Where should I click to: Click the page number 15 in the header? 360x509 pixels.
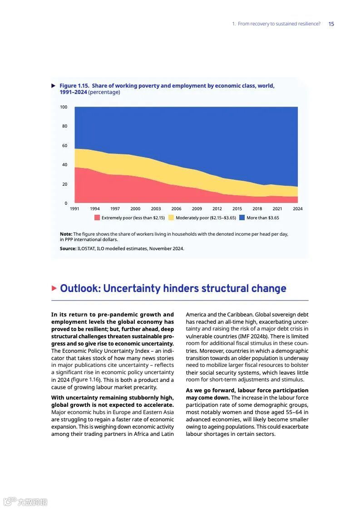(331, 24)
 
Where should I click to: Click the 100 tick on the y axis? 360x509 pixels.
(64, 107)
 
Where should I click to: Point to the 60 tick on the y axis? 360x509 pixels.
(64, 146)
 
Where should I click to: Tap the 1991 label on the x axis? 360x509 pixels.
(74, 209)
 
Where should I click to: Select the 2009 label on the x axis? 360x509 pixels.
(197, 209)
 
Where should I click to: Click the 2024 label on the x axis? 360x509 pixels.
(298, 209)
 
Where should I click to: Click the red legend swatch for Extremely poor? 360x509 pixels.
(97, 218)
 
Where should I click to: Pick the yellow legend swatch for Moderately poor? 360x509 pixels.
(171, 218)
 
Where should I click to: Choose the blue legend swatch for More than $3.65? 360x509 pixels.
(242, 218)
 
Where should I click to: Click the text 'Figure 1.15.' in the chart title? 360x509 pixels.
(74, 86)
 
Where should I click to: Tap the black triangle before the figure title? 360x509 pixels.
(54, 86)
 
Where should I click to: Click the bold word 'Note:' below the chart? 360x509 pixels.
(66, 234)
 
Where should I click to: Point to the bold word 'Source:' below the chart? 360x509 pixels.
(68, 249)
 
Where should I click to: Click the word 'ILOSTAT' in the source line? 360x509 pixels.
(86, 249)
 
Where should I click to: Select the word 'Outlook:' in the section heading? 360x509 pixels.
(80, 289)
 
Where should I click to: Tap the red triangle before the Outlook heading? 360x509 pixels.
(54, 288)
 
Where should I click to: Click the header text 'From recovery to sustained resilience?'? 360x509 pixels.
(279, 24)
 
